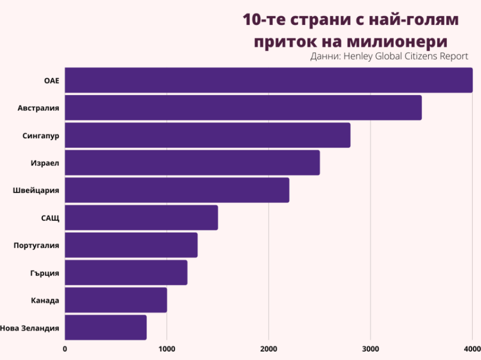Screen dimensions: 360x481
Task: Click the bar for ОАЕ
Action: click(x=268, y=80)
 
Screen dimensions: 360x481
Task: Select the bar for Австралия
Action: click(x=243, y=108)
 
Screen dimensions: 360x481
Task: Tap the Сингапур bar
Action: click(x=207, y=135)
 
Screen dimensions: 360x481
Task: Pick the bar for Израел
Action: click(x=192, y=163)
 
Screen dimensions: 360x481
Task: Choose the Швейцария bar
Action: click(x=177, y=190)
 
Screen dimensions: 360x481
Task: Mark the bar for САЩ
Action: click(x=141, y=218)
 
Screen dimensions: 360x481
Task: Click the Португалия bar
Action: click(x=131, y=245)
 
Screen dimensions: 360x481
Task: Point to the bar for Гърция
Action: click(x=126, y=273)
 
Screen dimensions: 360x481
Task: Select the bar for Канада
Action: click(x=116, y=300)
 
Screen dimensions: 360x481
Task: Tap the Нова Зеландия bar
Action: click(x=106, y=328)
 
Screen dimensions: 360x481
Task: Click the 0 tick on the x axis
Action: click(x=65, y=349)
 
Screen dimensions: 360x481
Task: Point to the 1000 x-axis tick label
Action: click(x=167, y=349)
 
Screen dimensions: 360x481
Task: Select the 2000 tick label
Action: click(x=269, y=349)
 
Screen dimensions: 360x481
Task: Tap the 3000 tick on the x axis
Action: click(x=371, y=349)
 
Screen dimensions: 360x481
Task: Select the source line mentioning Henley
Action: click(x=389, y=56)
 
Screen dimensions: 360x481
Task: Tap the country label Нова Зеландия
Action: click(x=30, y=328)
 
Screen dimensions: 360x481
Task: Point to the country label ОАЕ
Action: click(x=51, y=80)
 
